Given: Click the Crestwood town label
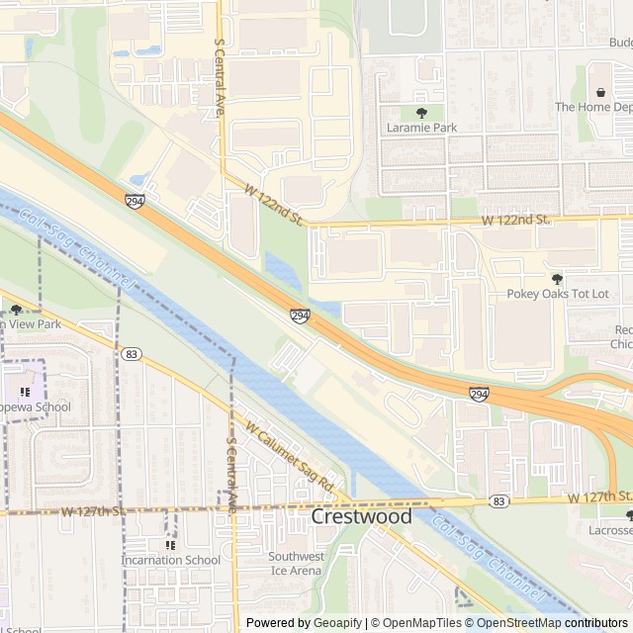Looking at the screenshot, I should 362,517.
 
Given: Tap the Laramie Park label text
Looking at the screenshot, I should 421,128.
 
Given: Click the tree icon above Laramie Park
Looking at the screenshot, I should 421,113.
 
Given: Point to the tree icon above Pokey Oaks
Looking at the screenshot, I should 556,279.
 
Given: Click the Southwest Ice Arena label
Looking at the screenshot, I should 296,563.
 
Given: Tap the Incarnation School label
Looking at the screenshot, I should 170,560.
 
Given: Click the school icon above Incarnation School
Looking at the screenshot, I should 170,545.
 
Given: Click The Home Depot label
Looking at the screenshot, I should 592,107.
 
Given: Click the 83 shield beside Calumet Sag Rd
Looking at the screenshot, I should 131,353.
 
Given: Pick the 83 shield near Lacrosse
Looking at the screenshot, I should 498,502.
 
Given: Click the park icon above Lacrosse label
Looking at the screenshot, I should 629,515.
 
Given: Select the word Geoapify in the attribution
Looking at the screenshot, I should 337,623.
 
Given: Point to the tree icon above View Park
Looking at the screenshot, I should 16,310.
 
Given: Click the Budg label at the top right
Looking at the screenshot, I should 620,43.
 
